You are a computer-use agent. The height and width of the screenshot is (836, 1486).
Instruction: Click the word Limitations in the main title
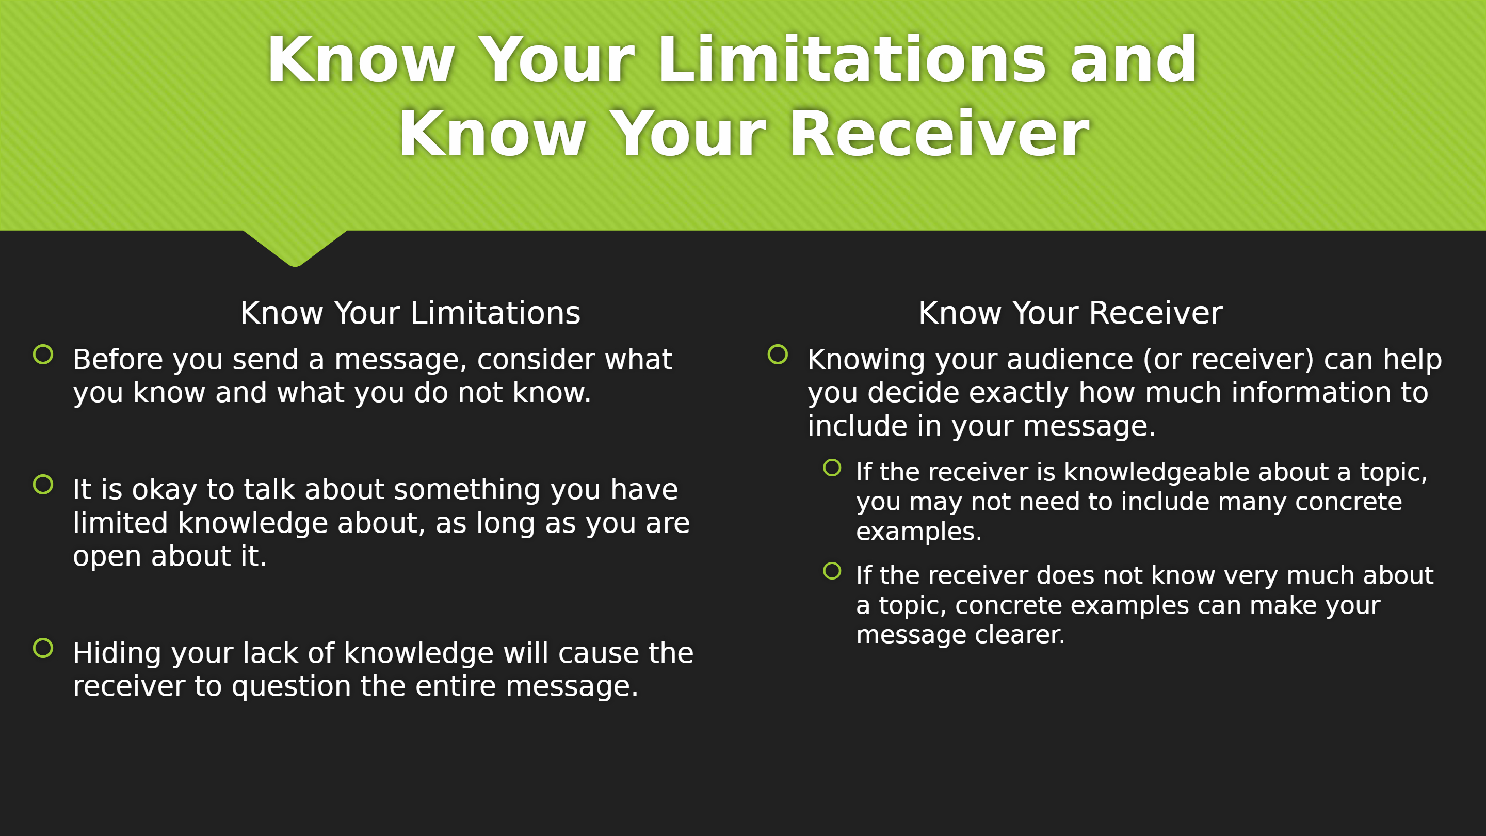852,59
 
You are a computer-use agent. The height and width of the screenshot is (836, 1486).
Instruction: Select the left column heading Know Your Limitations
410,313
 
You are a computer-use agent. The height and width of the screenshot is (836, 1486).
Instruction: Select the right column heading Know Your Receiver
1070,313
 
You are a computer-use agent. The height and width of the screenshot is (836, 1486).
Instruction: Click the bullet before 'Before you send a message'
43,354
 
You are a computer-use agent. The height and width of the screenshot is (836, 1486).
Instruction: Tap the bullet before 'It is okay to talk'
43,484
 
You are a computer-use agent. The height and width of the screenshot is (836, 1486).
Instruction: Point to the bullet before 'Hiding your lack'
43,648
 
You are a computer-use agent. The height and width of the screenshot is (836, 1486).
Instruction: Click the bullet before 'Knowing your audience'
778,354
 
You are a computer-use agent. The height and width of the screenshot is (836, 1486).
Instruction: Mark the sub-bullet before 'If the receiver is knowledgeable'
832,468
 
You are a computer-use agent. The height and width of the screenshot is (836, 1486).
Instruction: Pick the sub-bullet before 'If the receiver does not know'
832,571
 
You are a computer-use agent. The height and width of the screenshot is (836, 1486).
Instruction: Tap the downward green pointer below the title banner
295,248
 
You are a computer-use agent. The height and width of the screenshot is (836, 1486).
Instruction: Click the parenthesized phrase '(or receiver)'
1229,361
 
